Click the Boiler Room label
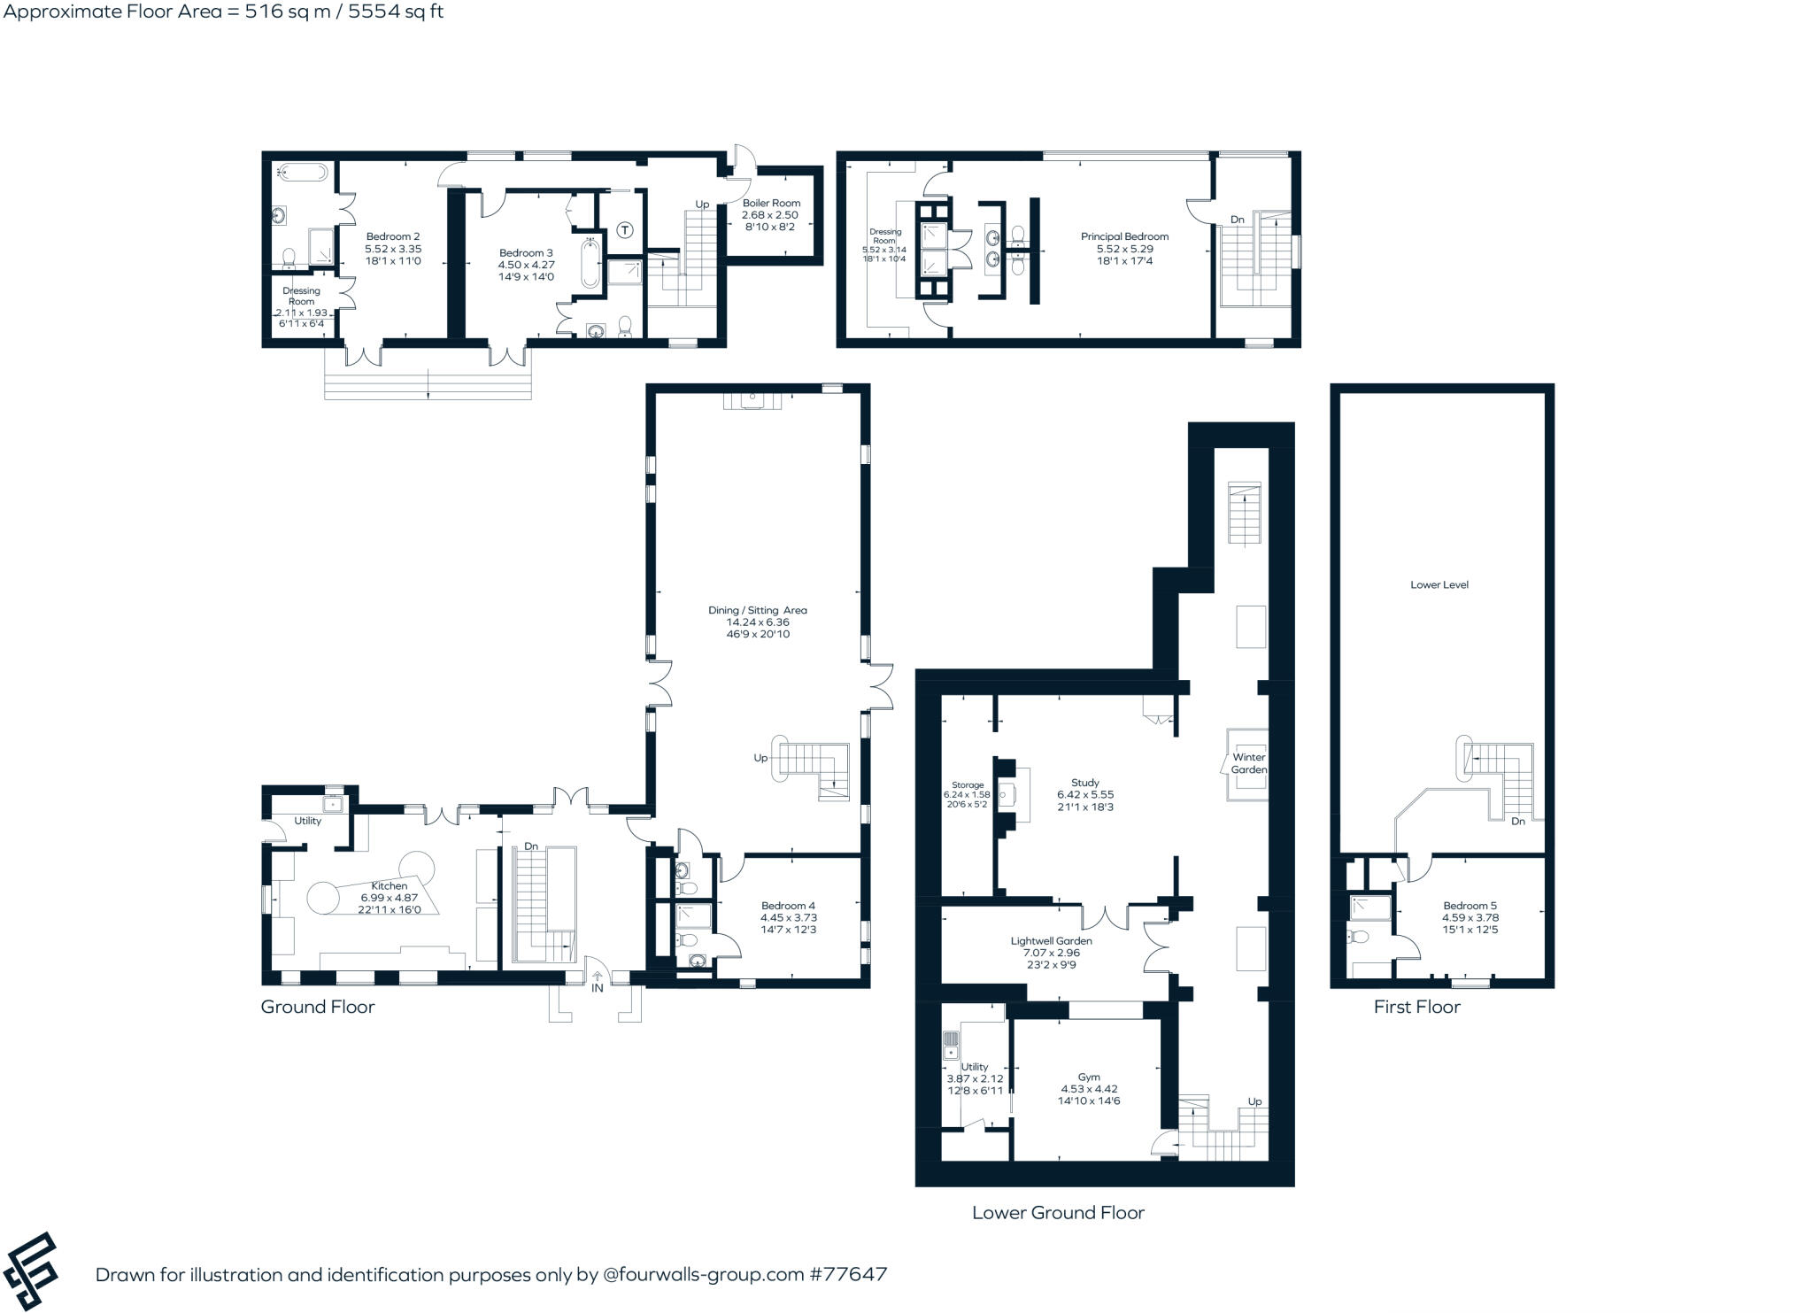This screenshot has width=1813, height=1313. pos(771,203)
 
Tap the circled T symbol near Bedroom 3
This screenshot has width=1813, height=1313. pos(625,231)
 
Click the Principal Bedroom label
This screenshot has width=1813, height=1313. pos(1124,236)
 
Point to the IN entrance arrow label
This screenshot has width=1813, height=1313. pos(598,988)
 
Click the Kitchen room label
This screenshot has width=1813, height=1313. pos(389,885)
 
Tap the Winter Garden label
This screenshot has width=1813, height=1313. pos(1248,763)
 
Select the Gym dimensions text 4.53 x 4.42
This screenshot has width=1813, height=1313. pos(1089,1089)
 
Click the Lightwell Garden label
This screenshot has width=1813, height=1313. pos(1051,941)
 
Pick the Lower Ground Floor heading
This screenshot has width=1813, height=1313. pos(1058,1213)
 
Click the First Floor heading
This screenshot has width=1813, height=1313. pos(1416,1007)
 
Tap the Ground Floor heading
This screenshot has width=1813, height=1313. pos(317,1007)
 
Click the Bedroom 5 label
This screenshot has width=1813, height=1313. pos(1470,906)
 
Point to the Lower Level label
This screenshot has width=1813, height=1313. pos(1439,584)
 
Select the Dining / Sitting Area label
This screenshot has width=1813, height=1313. pos(757,610)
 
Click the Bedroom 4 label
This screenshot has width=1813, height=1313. pos(788,906)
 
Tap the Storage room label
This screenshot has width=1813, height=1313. pos(968,785)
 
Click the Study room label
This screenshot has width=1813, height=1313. pos(1084,783)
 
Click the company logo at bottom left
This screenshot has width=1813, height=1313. pos(31,1271)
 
